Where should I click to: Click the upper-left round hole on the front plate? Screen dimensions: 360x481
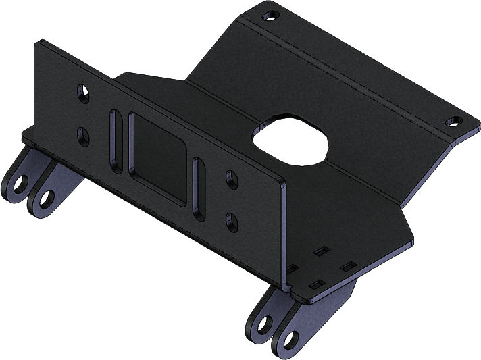84,92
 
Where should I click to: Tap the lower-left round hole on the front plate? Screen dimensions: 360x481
84,136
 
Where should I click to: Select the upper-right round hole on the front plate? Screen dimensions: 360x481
231,179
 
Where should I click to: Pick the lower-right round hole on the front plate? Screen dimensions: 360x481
231,220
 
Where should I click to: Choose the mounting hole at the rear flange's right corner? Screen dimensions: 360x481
454,122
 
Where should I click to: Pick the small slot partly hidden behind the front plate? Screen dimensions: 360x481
293,269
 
